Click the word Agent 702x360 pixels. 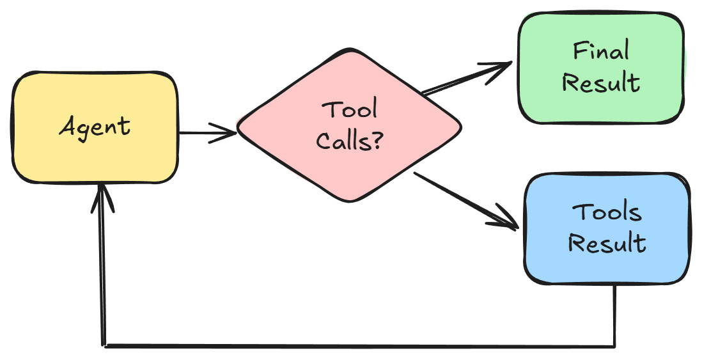95,127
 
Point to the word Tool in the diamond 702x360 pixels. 349,110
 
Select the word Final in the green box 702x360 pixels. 600,51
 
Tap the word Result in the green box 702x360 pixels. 600,83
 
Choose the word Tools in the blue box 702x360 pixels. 607,212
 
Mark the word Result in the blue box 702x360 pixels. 607,244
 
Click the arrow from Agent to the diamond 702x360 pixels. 205,134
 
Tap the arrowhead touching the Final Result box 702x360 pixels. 501,67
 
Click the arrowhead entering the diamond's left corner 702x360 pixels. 228,134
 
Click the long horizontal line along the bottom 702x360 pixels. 358,346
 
